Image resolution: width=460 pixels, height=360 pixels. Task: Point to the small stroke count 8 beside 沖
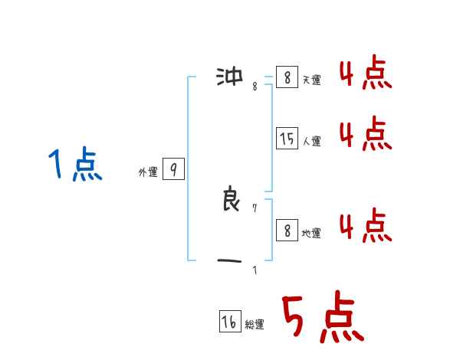click(255, 86)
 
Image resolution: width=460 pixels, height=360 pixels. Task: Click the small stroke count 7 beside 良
click(255, 208)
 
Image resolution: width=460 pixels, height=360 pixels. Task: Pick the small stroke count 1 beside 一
click(255, 270)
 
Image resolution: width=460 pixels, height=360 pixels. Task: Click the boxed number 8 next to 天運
click(287, 77)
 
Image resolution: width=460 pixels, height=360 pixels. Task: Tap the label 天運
click(311, 80)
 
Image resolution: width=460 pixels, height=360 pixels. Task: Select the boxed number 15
click(287, 139)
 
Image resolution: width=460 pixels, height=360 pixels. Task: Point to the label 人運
click(311, 141)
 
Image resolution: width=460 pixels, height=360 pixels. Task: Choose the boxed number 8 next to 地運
click(287, 230)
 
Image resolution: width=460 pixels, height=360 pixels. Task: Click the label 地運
click(311, 233)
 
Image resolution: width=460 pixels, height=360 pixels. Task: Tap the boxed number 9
click(173, 169)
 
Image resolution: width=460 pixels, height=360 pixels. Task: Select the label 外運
click(148, 172)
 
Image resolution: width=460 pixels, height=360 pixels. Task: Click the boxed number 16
click(229, 322)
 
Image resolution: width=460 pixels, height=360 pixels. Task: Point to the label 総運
click(255, 325)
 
